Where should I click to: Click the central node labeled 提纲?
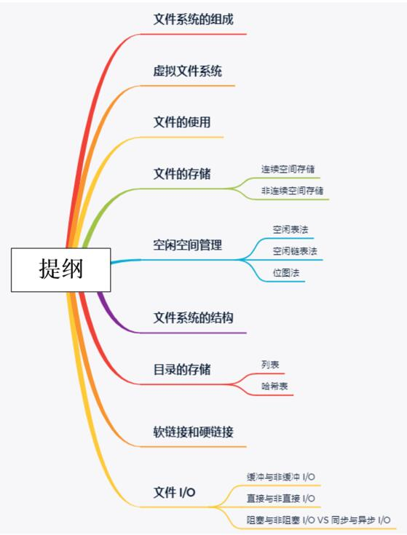(60, 269)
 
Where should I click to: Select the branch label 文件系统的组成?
(194, 20)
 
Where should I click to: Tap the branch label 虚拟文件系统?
(188, 71)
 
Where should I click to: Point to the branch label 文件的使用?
(182, 122)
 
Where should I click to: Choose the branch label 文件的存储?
(182, 174)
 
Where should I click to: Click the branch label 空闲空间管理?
(188, 245)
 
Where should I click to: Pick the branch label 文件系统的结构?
(194, 317)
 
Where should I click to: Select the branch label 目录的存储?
(182, 370)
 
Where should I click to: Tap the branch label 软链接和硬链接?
(194, 432)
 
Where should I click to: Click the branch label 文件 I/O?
(174, 492)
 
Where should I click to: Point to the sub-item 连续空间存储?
(288, 169)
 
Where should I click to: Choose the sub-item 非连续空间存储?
(293, 191)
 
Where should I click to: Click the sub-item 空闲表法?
(291, 229)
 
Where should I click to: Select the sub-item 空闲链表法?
(295, 251)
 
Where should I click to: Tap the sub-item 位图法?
(286, 273)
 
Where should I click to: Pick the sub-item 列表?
(270, 365)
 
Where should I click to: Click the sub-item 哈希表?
(274, 387)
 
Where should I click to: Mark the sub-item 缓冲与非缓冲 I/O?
(281, 477)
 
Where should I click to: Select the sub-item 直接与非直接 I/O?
(281, 499)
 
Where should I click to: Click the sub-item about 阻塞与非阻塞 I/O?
(319, 520)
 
